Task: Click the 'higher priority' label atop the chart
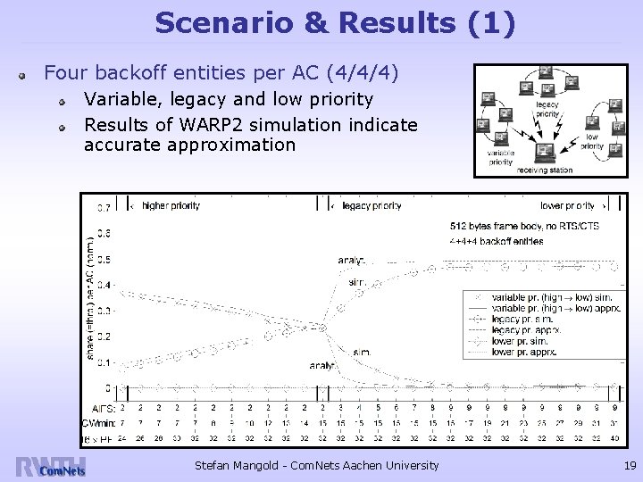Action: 171,206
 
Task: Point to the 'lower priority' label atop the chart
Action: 567,206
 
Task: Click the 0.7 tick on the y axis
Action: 104,208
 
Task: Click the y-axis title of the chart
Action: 89,299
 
